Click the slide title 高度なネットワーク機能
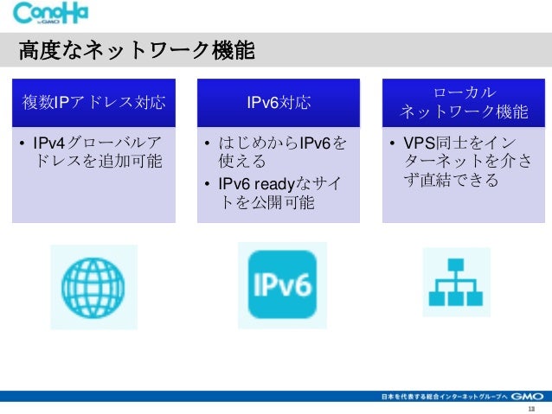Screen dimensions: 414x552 pyautogui.click(x=137, y=52)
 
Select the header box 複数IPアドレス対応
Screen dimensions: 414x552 pyautogui.click(x=93, y=104)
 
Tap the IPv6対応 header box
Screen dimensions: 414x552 pyautogui.click(x=279, y=104)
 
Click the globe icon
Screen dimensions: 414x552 pyautogui.click(x=93, y=287)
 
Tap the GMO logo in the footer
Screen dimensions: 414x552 pyautogui.click(x=528, y=396)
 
